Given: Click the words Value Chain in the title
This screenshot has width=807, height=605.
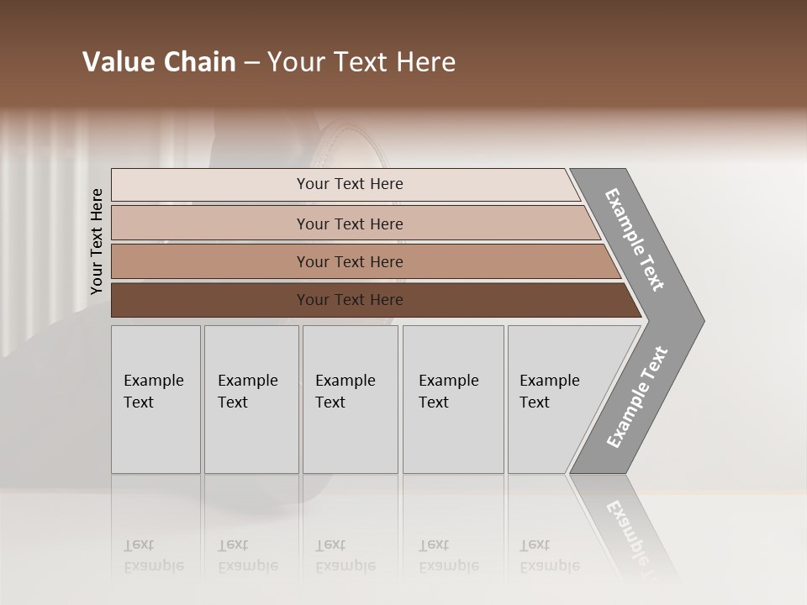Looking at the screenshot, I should point(159,62).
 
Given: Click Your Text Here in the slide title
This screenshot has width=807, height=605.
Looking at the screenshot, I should point(361,62).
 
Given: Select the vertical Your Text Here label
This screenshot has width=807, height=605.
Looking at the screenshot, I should point(97,241).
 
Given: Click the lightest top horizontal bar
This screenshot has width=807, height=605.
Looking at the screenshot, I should point(349,184).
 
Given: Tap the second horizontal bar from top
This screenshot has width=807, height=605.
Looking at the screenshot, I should point(349,224).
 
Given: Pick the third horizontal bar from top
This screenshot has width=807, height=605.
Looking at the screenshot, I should point(349,261).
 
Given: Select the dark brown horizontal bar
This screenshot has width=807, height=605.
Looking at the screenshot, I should point(349,300).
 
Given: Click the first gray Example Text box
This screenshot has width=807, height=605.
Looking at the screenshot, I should point(156,399).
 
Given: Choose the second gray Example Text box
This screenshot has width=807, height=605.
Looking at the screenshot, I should point(251,399).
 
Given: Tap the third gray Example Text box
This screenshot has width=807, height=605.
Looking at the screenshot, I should point(349,399).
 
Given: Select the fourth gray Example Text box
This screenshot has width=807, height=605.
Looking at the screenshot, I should point(452,399).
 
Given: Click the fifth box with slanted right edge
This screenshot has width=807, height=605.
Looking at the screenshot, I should point(555,399).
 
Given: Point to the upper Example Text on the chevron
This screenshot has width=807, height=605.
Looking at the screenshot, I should point(635,239).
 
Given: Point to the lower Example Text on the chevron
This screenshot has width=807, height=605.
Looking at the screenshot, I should point(637,397).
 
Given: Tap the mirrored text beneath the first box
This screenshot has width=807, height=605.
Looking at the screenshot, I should point(153,555).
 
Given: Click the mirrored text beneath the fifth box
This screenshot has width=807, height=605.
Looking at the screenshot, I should point(549,555).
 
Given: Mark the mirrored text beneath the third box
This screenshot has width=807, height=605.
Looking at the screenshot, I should point(345,555).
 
